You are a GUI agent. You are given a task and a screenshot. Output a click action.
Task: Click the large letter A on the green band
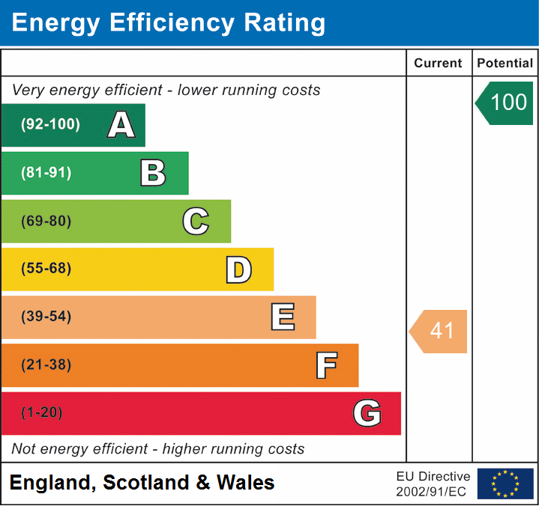[121, 125]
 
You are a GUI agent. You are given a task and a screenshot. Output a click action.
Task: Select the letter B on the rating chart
[153, 173]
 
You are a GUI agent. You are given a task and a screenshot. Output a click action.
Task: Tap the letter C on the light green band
[196, 222]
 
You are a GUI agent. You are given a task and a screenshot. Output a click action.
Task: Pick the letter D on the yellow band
[238, 269]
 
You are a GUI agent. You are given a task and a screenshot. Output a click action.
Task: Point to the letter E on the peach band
[283, 317]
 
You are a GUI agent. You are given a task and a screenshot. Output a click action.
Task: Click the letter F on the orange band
[325, 365]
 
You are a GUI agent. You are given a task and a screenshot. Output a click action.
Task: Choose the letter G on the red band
[367, 413]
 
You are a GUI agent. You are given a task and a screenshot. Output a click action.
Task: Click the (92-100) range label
[51, 125]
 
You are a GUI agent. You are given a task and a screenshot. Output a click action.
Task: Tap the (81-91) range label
[46, 173]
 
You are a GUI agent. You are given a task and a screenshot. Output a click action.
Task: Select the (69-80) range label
[46, 222]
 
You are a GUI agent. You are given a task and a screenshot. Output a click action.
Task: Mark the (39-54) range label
[46, 317]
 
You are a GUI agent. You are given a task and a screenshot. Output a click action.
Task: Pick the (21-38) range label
[46, 365]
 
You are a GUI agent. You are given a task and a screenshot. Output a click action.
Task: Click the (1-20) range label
[43, 413]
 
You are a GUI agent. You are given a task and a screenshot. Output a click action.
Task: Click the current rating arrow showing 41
[439, 331]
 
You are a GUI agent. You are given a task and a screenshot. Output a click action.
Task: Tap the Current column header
[439, 64]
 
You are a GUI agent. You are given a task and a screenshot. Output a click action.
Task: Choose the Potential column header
[505, 64]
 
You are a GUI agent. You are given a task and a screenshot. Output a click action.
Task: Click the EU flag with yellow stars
[505, 484]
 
